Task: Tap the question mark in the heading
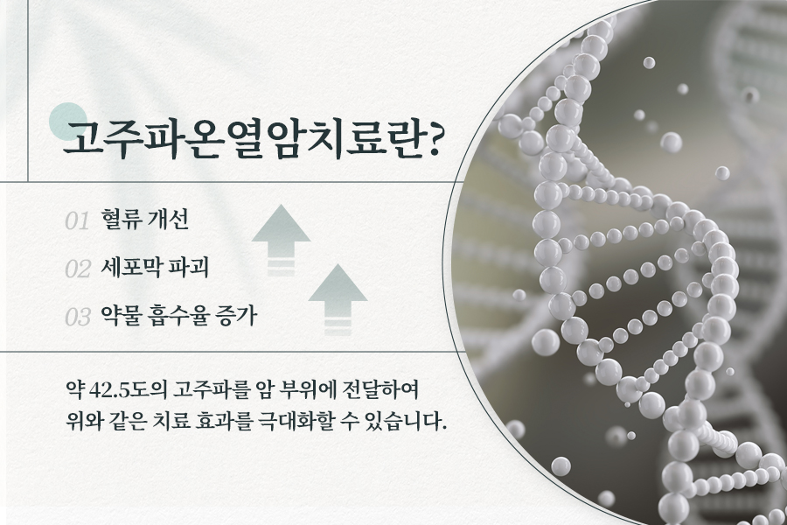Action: click(430, 138)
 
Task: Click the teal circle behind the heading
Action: click(68, 122)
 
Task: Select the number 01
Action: click(77, 221)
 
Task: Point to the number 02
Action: click(77, 269)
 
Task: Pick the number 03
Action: click(77, 317)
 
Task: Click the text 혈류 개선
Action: click(144, 219)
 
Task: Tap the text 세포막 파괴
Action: click(155, 267)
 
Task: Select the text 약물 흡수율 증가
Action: click(178, 316)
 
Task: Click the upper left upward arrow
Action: click(281, 240)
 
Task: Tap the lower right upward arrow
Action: click(338, 299)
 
